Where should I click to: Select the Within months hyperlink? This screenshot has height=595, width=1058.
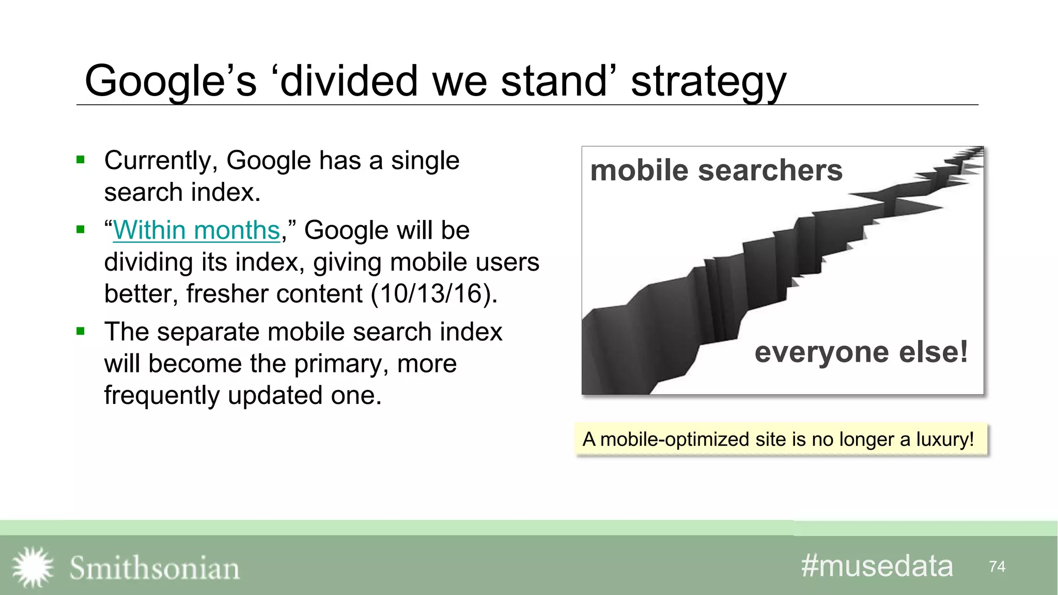[196, 230]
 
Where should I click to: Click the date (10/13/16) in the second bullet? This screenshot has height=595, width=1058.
[433, 294]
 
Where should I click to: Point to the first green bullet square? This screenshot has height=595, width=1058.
[81, 160]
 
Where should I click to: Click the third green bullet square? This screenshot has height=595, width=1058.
[81, 331]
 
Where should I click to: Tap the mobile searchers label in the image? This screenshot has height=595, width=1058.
[716, 170]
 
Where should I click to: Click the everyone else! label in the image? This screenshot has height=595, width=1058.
[861, 352]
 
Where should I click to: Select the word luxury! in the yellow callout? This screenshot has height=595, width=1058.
[944, 440]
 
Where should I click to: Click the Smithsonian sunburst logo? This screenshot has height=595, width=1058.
[33, 567]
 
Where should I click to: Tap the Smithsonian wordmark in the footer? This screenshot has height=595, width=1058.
[154, 568]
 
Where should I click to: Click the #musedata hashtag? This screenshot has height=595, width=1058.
[877, 566]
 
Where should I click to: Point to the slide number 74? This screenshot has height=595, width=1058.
[997, 567]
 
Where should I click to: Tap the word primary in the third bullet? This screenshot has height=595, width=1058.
[336, 364]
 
